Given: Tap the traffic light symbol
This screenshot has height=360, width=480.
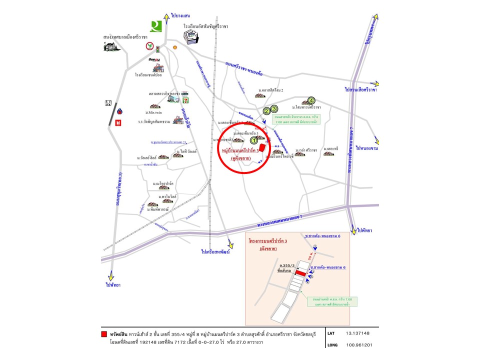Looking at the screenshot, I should (x=158, y=49).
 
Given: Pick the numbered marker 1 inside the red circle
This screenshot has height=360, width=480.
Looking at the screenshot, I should (x=253, y=141).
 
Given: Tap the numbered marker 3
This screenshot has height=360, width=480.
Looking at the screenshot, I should (x=273, y=109).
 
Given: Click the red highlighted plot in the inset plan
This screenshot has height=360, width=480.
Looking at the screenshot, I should (x=300, y=273).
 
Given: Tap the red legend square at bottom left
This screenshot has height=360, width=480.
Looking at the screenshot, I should (x=103, y=333).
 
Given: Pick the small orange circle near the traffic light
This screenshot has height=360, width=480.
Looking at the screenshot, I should (x=175, y=48).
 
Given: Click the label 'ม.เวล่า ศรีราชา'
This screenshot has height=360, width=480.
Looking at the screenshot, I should (x=306, y=149).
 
